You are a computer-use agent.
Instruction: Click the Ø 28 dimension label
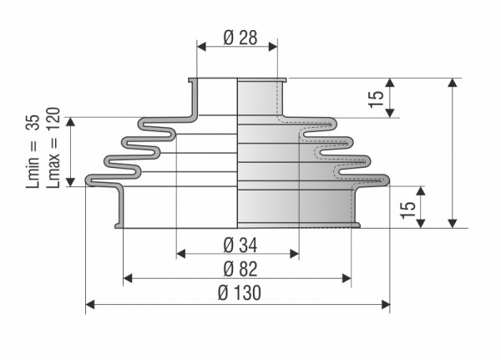point(240,38)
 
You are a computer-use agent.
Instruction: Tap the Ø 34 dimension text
point(240,246)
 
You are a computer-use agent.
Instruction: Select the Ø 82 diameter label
point(240,269)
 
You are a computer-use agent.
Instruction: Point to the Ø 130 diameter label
point(240,293)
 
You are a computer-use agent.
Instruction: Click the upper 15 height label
point(377,99)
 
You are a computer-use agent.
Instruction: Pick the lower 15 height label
point(407,210)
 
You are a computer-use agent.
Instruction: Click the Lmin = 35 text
point(33,151)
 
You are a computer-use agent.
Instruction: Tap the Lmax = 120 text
point(53,147)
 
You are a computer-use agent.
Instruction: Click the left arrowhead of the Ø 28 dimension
point(201,47)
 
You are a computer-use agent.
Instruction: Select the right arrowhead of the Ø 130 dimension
point(386,305)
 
